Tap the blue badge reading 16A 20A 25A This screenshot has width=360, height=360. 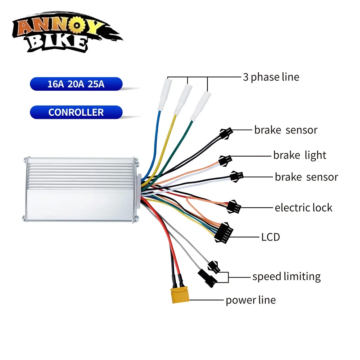(76, 84)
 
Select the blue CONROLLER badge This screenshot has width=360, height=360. (76, 112)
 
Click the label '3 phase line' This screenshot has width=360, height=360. (271, 77)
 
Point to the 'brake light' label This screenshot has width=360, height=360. (300, 156)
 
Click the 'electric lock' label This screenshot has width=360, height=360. (303, 208)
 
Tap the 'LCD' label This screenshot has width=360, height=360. (271, 237)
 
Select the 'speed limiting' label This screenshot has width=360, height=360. (286, 276)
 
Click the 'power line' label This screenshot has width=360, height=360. (251, 300)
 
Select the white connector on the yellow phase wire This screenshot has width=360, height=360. (182, 99)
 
